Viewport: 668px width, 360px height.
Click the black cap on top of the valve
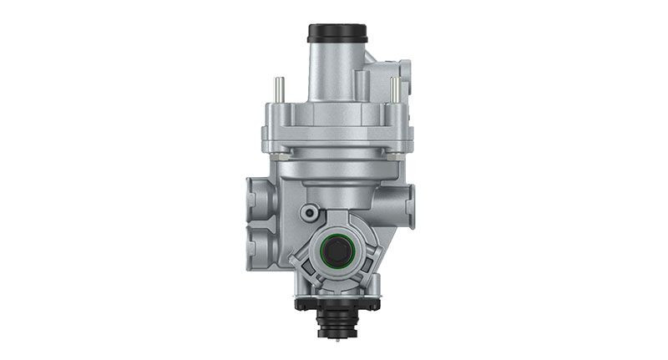[337, 33]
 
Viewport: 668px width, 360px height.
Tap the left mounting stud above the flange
[279, 89]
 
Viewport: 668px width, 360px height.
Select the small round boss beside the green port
[311, 211]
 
